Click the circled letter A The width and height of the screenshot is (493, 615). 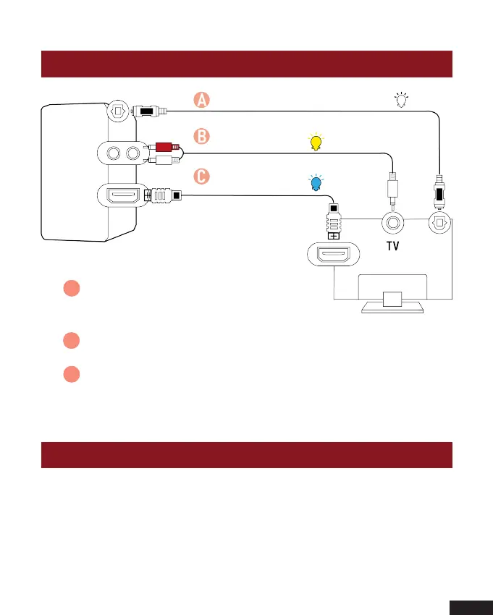[202, 101]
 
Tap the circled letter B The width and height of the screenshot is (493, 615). [202, 135]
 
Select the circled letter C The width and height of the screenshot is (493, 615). [202, 176]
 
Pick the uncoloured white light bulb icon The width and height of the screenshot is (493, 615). [402, 101]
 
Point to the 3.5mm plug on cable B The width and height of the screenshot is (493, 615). [392, 190]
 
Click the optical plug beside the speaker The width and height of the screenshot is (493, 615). [148, 111]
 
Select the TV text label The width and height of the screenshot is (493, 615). [392, 246]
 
